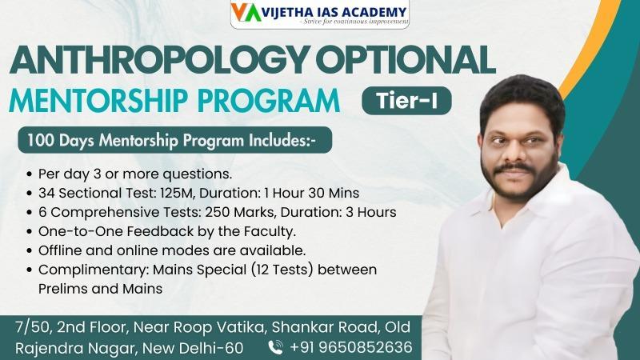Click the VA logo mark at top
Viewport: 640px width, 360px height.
246,13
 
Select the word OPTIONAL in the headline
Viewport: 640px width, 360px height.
406,60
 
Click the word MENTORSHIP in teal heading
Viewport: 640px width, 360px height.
98,101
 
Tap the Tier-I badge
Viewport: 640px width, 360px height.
406,101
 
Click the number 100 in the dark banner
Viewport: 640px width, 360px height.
41,141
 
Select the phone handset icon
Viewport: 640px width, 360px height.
275,347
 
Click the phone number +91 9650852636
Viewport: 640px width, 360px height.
351,347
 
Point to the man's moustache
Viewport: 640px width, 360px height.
514,168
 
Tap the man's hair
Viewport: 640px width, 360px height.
522,100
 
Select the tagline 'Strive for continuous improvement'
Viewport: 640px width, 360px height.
355,22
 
